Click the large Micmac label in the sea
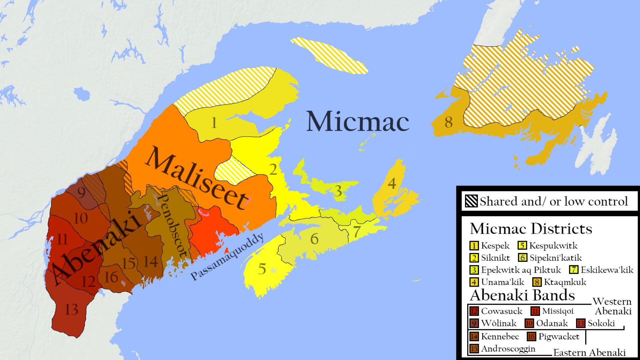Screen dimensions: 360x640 point(358,121)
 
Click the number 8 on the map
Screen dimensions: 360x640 point(449,122)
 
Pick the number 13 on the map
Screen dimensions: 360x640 point(72,310)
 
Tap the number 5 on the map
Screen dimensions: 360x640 point(262,269)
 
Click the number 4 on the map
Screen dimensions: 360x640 point(392,183)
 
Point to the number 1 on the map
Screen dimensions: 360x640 point(214,123)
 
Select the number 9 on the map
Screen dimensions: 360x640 point(81,193)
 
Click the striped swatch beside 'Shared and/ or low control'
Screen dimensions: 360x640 point(471,201)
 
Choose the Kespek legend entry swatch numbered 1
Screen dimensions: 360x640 point(474,246)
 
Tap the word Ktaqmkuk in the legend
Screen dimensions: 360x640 point(565,282)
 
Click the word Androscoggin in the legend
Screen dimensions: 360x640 point(508,349)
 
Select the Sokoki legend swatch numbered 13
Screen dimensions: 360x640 point(581,323)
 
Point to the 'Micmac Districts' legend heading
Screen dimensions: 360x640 point(531,229)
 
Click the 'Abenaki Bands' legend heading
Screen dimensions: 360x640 point(522,295)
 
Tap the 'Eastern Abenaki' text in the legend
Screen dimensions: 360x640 point(589,353)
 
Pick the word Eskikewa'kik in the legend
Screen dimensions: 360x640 point(607,270)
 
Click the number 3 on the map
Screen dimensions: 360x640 point(338,191)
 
